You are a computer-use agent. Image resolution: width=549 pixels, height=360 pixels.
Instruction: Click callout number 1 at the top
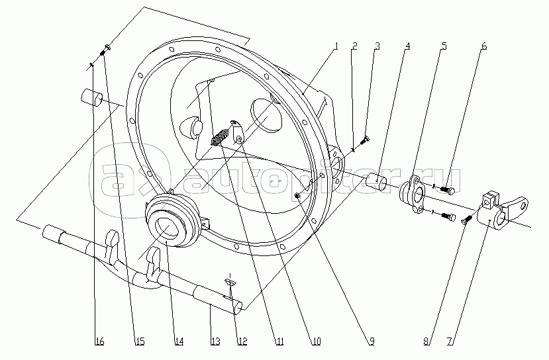pyautogui.click(x=336, y=46)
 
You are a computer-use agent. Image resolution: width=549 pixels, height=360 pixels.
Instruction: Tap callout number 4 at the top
pyautogui.click(x=407, y=46)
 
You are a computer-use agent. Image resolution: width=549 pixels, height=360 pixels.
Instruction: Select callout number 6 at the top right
pyautogui.click(x=484, y=46)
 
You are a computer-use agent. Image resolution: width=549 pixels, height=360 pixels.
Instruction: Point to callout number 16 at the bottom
pyautogui.click(x=99, y=341)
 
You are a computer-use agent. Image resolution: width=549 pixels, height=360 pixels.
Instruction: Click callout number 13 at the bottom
pyautogui.click(x=215, y=341)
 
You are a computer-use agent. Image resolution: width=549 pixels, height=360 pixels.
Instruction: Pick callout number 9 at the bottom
pyautogui.click(x=372, y=341)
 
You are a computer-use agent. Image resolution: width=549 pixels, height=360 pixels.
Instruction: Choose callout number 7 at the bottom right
pyautogui.click(x=451, y=341)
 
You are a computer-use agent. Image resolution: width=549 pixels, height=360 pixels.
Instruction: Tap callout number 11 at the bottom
pyautogui.click(x=279, y=341)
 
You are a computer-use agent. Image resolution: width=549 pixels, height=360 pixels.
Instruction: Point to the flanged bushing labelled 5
pyautogui.click(x=413, y=195)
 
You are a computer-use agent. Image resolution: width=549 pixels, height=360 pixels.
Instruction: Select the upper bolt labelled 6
pyautogui.click(x=447, y=190)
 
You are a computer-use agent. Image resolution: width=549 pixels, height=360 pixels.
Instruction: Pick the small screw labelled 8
pyautogui.click(x=468, y=220)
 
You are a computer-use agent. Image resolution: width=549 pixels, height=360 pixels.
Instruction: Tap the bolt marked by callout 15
pyautogui.click(x=105, y=50)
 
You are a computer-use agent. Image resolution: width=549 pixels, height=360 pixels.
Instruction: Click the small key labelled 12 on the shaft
pyautogui.click(x=230, y=283)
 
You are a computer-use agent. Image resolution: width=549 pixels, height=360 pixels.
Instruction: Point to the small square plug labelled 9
pyautogui.click(x=297, y=196)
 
